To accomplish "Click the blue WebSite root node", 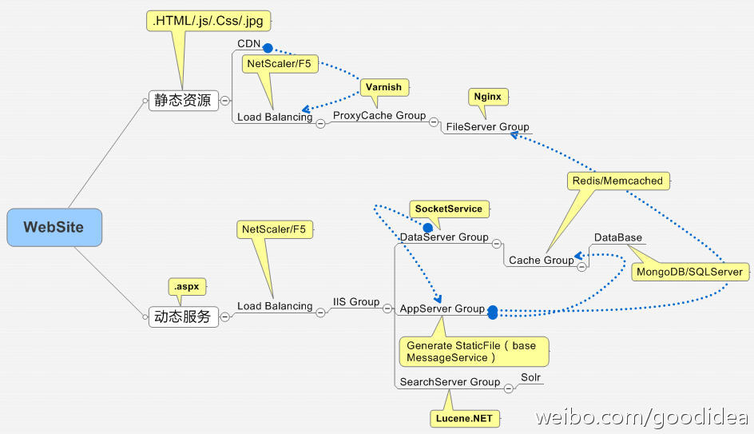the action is [x=54, y=227].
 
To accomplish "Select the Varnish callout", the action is [x=384, y=87].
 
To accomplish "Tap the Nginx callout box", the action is [x=488, y=97].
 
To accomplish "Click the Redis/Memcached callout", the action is [x=618, y=181].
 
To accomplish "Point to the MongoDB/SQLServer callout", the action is [x=690, y=272].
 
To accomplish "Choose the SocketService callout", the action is [x=449, y=209].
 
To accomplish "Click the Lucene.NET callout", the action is [x=465, y=418].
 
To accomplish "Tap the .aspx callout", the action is [x=187, y=287].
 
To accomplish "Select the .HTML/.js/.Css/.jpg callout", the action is [x=208, y=21].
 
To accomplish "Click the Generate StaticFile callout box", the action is [x=474, y=352].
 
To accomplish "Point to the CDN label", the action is [x=248, y=44].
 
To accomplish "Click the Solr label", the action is [x=531, y=377].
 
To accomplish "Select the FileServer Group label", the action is [x=487, y=126].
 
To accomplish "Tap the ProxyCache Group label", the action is [x=379, y=115].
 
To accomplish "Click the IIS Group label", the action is [x=356, y=301].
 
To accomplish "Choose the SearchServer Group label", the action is [x=450, y=382].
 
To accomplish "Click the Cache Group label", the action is [x=542, y=261].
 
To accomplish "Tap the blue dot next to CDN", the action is [x=268, y=48].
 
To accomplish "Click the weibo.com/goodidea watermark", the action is [x=641, y=416].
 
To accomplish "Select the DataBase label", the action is [x=618, y=237].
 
